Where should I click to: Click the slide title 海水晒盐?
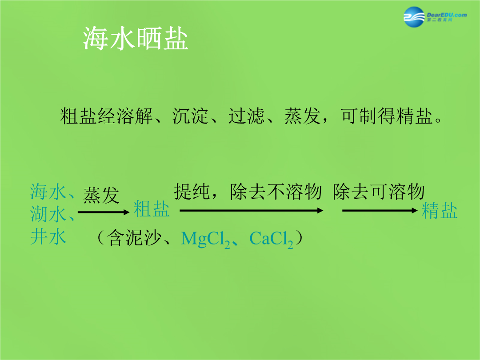(x=136, y=38)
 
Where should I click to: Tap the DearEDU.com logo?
(x=435, y=17)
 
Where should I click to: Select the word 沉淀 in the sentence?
(x=190, y=116)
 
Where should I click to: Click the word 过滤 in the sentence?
(x=246, y=116)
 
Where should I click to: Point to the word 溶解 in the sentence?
(x=134, y=116)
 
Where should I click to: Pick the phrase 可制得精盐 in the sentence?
(x=386, y=116)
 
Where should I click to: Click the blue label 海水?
(x=48, y=192)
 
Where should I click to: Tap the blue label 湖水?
(x=48, y=214)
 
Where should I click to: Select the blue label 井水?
(x=48, y=236)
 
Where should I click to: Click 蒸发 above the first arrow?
(x=101, y=195)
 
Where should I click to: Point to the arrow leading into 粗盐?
(x=104, y=212)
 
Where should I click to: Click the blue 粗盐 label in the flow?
(x=152, y=209)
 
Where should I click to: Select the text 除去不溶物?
(x=276, y=192)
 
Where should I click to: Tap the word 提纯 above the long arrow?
(x=192, y=192)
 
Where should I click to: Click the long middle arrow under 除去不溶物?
(x=251, y=210)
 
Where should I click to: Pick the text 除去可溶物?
(x=379, y=192)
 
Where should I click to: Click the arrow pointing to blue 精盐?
(x=380, y=210)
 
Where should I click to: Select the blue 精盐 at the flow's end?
(x=440, y=211)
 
